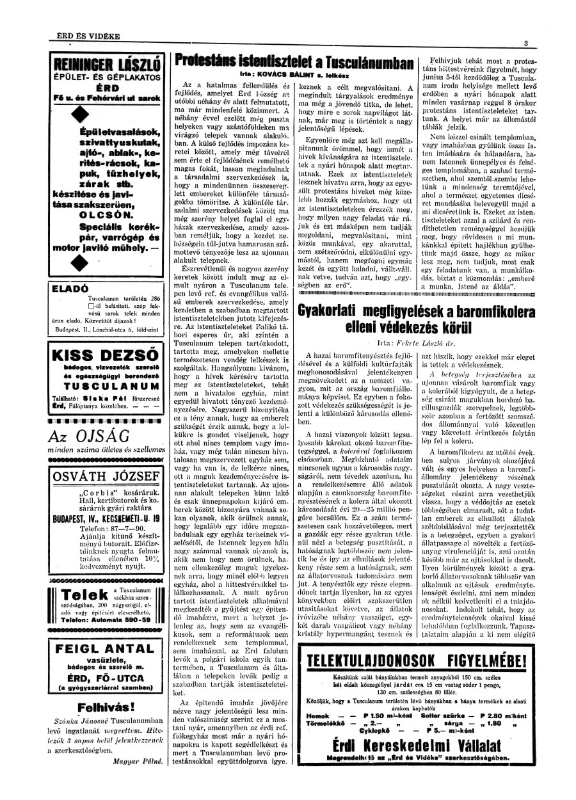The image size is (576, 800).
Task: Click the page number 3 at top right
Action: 525,43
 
